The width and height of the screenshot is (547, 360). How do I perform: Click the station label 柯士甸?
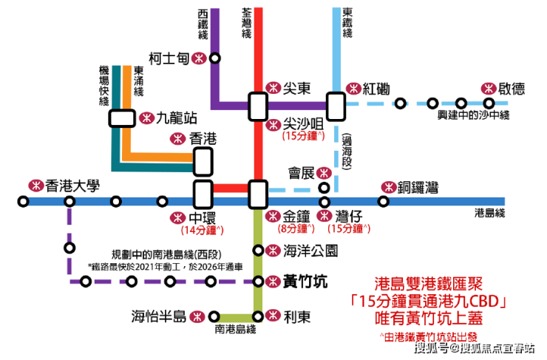click(169, 58)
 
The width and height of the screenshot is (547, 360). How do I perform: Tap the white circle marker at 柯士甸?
click(214, 58)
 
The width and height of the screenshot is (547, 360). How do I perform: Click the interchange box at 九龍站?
click(122, 118)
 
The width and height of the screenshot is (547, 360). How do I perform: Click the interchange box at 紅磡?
click(336, 105)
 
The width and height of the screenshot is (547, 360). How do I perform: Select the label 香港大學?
click(72, 185)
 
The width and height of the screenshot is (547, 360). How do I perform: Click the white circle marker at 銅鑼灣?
click(383, 201)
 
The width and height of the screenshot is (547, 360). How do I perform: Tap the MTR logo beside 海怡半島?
click(197, 316)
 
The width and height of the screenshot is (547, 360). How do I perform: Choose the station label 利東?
click(296, 316)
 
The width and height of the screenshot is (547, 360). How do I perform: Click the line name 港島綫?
click(489, 214)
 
